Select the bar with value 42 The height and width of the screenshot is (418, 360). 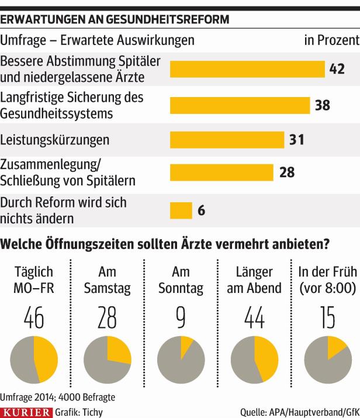[247, 69]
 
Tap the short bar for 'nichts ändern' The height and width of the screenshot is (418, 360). [181, 210]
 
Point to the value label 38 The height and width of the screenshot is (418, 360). [323, 105]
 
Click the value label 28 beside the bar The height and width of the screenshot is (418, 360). [286, 172]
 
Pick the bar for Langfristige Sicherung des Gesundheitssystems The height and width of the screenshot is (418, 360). [240, 105]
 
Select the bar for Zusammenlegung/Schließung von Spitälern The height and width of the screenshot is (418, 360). [221, 172]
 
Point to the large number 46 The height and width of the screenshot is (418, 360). [34, 318]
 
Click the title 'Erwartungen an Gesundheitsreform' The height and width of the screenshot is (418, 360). [115, 19]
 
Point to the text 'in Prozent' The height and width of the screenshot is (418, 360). [331, 40]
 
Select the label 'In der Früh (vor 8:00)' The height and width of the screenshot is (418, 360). [327, 280]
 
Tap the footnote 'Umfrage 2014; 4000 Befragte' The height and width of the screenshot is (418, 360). [57, 397]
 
